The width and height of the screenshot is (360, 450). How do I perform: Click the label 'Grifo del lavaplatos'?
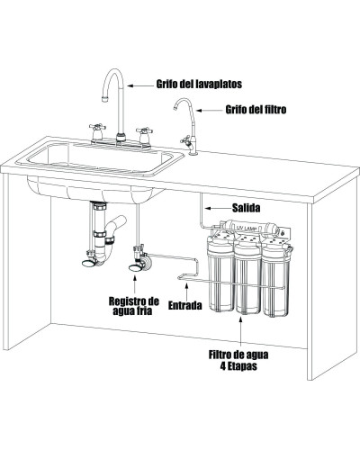coord(199,84)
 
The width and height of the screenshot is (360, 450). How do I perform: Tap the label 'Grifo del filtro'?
coord(256,110)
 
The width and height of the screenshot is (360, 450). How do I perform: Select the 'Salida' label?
coord(247,208)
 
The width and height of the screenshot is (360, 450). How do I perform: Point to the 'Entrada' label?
coord(184,305)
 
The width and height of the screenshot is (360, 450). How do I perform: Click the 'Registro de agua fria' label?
coord(134,305)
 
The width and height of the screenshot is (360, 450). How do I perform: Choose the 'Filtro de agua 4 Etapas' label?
coord(238,360)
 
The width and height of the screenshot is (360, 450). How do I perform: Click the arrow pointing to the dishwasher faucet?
coord(140,85)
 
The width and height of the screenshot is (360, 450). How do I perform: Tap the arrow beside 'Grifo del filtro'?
coord(210,111)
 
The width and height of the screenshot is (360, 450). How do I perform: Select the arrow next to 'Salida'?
coord(217,208)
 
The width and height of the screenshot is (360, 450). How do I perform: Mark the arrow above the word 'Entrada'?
coord(186,291)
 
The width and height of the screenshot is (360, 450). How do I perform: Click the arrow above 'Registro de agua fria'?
coord(134,283)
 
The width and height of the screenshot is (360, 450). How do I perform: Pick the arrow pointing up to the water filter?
coord(241,331)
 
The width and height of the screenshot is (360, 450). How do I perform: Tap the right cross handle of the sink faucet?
coord(144,130)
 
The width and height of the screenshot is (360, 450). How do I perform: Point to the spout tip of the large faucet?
coord(104,99)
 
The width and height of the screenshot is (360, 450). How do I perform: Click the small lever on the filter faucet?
coord(184,139)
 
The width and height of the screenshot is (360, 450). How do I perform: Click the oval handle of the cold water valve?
coord(135,268)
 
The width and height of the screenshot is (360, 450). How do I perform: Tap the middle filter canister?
coord(247,276)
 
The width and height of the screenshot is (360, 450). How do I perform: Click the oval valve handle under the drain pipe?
coord(88,263)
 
